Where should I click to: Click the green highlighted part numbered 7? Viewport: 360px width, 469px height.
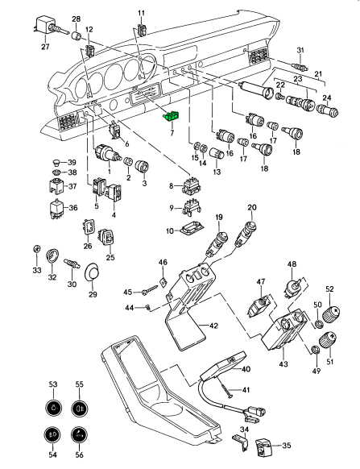[x=171, y=116]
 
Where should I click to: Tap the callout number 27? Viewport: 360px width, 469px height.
[x=45, y=47]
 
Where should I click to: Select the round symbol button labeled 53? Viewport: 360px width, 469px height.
[x=53, y=408]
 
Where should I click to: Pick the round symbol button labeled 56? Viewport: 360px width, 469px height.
[x=79, y=434]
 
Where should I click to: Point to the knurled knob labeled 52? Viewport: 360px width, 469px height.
[x=332, y=313]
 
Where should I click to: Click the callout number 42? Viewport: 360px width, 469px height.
[x=213, y=326]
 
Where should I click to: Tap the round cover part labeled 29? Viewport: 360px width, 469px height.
[x=93, y=272]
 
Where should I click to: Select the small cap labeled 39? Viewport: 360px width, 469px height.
[x=55, y=163]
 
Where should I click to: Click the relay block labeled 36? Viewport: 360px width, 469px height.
[x=56, y=209]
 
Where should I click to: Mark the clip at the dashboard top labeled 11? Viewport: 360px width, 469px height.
[x=142, y=29]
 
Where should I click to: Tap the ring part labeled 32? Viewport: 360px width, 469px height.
[x=52, y=255]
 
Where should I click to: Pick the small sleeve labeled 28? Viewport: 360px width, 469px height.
[x=77, y=35]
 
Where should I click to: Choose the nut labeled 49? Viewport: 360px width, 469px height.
[x=315, y=349]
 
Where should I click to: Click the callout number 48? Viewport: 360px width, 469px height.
[x=292, y=264]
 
